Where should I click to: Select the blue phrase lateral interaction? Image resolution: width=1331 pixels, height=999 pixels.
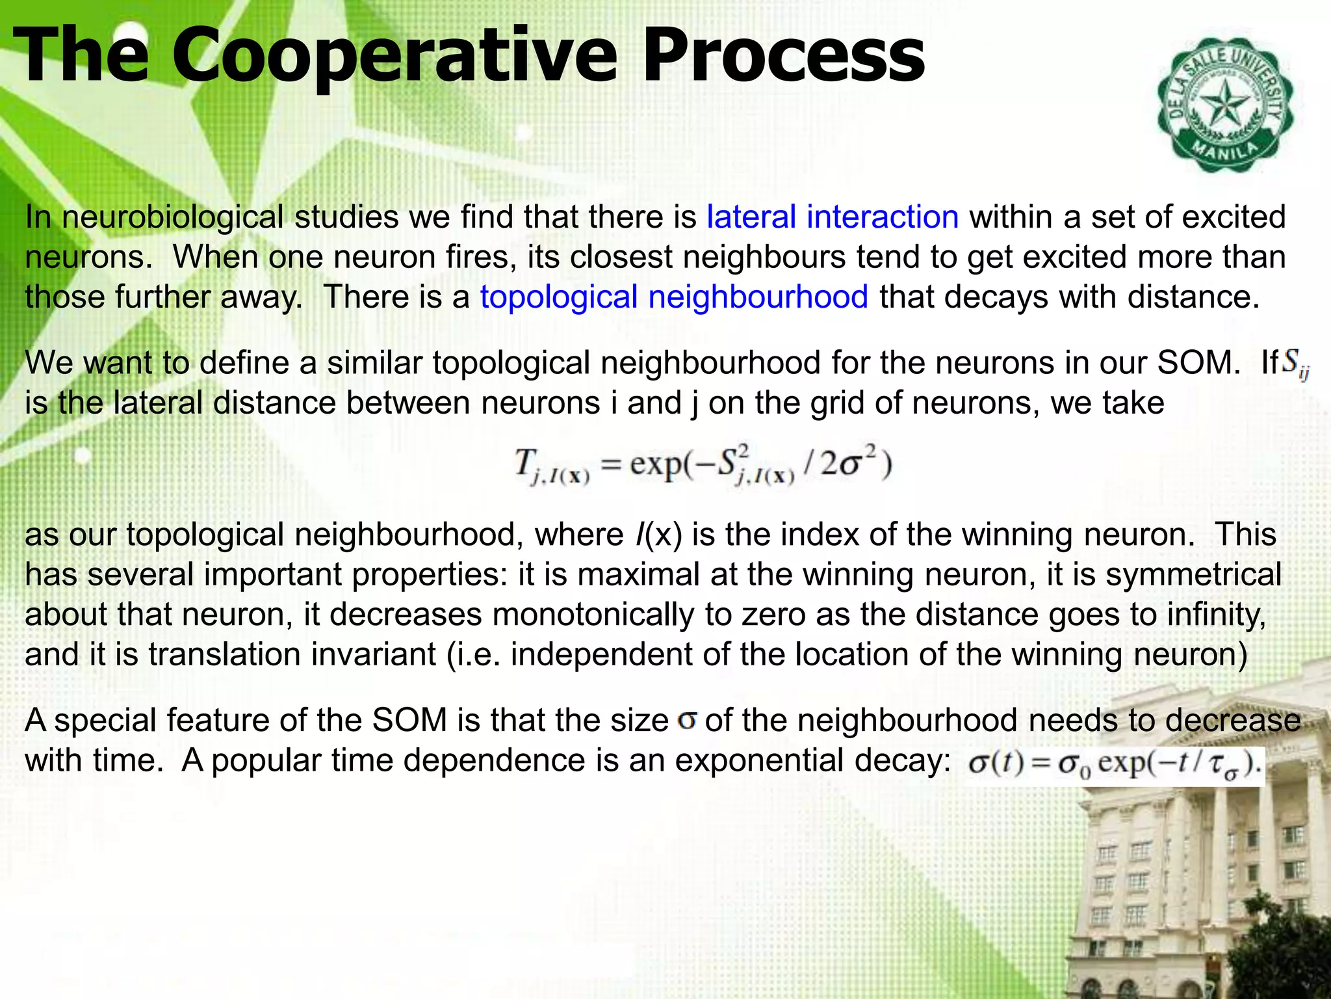[x=832, y=217]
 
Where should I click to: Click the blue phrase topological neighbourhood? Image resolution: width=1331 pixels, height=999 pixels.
[x=674, y=297]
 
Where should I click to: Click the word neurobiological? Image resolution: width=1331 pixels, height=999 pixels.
[x=173, y=217]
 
